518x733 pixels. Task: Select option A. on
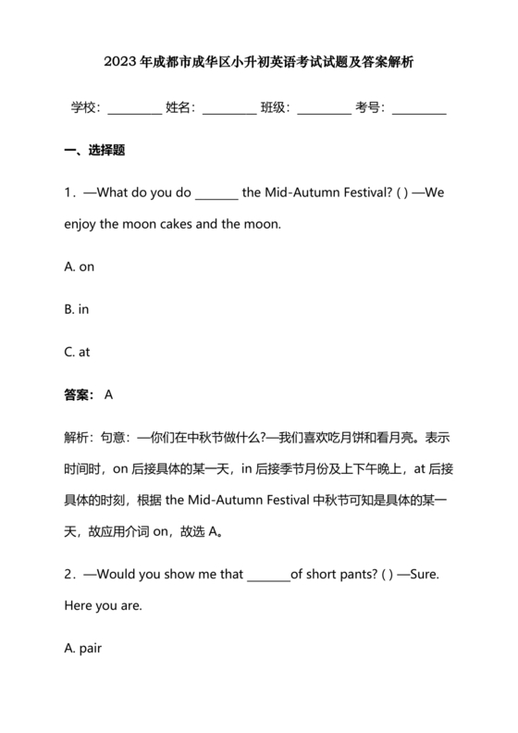pos(80,267)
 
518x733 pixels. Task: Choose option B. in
pos(77,309)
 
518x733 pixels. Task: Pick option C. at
pos(78,352)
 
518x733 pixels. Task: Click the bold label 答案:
pos(80,395)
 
